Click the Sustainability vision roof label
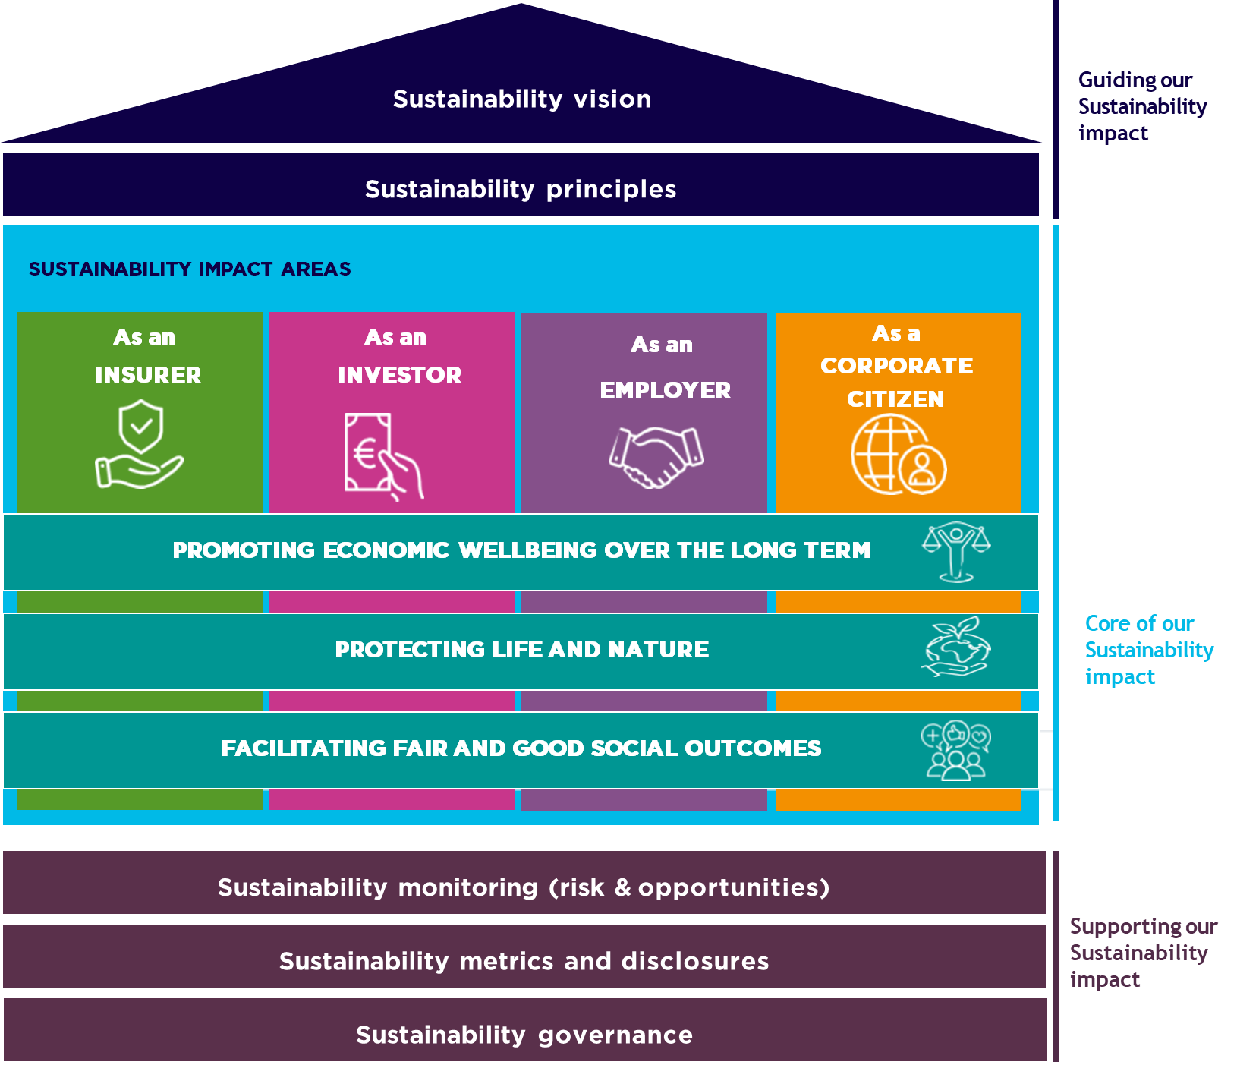pyautogui.click(x=521, y=99)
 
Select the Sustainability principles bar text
pyautogui.click(x=521, y=189)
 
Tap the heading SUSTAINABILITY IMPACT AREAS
pyautogui.click(x=190, y=269)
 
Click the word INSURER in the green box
pyautogui.click(x=148, y=375)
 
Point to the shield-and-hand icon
pyautogui.click(x=140, y=446)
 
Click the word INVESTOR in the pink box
pyautogui.click(x=399, y=375)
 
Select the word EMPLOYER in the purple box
pyautogui.click(x=665, y=390)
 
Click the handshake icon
pyautogui.click(x=656, y=455)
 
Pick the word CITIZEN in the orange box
pyautogui.click(x=895, y=399)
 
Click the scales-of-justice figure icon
pyautogui.click(x=956, y=552)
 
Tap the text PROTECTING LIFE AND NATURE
pyautogui.click(x=521, y=650)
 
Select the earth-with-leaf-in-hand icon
pyautogui.click(x=956, y=648)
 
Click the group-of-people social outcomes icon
pyautogui.click(x=956, y=750)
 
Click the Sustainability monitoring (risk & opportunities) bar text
pyautogui.click(x=524, y=887)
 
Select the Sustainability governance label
pyautogui.click(x=524, y=1035)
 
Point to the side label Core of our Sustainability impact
pyautogui.click(x=1148, y=650)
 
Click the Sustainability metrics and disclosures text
pyautogui.click(x=524, y=961)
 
